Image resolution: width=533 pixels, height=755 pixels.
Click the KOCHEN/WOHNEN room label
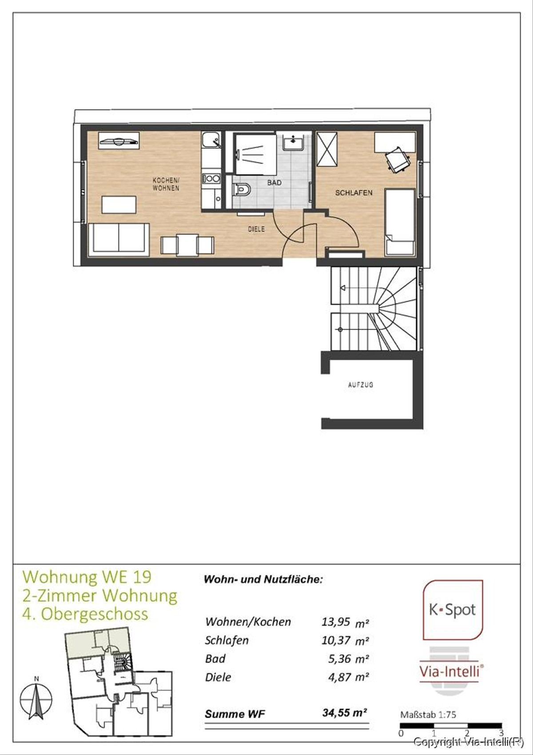tap(166, 184)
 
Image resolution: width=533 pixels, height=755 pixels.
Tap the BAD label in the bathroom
tap(274, 183)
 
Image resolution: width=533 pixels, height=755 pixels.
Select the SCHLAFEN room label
tap(354, 193)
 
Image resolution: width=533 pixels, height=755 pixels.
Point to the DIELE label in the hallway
tap(256, 229)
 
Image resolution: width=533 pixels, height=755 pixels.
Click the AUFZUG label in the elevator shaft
tap(360, 385)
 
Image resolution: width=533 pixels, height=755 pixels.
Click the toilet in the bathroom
tap(241, 190)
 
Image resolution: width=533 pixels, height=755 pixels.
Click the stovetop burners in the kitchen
tap(211, 179)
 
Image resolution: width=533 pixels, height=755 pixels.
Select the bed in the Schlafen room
tap(400, 222)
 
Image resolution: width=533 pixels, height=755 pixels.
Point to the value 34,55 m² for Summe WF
tap(344, 713)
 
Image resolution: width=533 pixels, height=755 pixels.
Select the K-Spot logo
tap(453, 610)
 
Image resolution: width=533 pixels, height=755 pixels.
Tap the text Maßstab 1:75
tap(428, 715)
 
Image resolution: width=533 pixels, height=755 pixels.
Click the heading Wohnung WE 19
tap(87, 577)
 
